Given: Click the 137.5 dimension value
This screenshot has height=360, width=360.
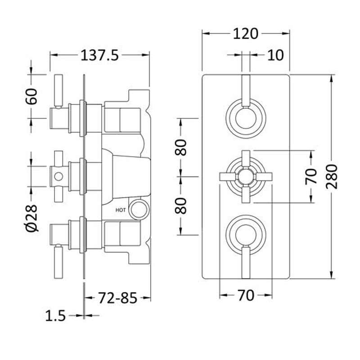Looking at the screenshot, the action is [x=99, y=56].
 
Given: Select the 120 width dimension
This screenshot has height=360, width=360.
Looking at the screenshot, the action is [x=246, y=34].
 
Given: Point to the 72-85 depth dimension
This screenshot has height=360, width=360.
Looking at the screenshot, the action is [x=118, y=298].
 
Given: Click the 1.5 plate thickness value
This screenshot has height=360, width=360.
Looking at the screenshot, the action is [x=55, y=316].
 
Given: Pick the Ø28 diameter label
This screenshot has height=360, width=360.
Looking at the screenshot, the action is [x=31, y=218].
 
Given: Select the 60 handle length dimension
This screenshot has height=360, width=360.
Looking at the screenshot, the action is [x=31, y=96].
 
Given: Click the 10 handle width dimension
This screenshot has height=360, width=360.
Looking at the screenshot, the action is [x=275, y=55].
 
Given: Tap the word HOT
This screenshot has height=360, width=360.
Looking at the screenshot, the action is [x=121, y=210].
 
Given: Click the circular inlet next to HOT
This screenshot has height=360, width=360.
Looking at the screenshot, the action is [x=139, y=209].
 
